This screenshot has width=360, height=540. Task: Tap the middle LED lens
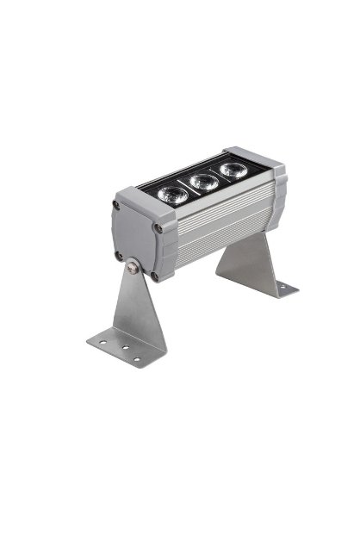tap(202, 182)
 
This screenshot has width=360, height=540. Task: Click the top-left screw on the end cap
tap(116, 205)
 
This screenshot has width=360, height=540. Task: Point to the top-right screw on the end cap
tap(158, 228)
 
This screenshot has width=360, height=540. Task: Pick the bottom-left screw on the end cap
tap(118, 255)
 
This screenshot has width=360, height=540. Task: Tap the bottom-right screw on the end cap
tap(154, 277)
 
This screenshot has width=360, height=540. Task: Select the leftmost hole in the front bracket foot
tap(102, 342)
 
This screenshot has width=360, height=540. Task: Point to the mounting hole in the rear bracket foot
tap(276, 289)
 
